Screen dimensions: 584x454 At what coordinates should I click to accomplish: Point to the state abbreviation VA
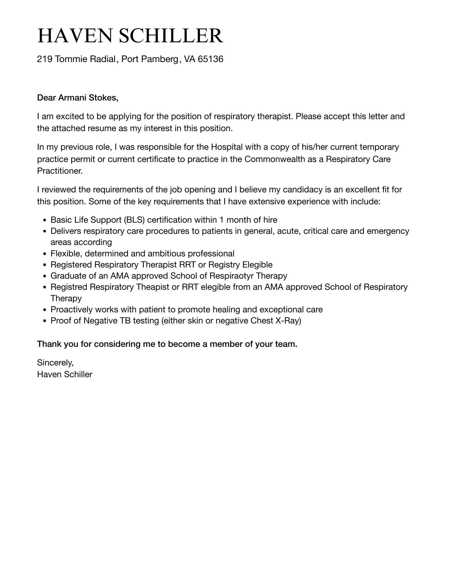click(190, 59)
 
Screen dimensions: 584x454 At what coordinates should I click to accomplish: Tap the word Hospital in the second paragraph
click(227, 147)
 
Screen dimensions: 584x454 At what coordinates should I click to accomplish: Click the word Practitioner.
click(60, 171)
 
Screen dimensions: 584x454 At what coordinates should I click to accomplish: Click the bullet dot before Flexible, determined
click(45, 254)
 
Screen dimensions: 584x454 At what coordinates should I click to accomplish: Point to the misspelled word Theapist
click(153, 287)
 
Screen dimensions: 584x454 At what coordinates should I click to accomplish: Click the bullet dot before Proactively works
click(45, 310)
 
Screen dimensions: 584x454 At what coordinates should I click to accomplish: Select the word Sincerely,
click(55, 362)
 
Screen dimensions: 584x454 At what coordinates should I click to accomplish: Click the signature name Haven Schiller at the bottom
click(65, 374)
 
